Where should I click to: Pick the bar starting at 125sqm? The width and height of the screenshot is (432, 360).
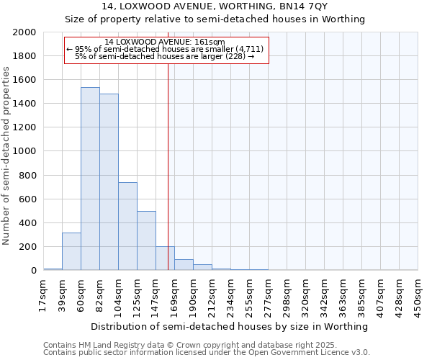[146, 240]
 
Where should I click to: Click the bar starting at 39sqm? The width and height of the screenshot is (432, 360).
[71, 251]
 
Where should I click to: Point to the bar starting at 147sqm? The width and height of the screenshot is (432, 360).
[165, 258]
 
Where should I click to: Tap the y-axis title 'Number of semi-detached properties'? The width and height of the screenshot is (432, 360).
[6, 156]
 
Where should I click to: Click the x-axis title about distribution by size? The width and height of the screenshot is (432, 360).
[230, 326]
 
